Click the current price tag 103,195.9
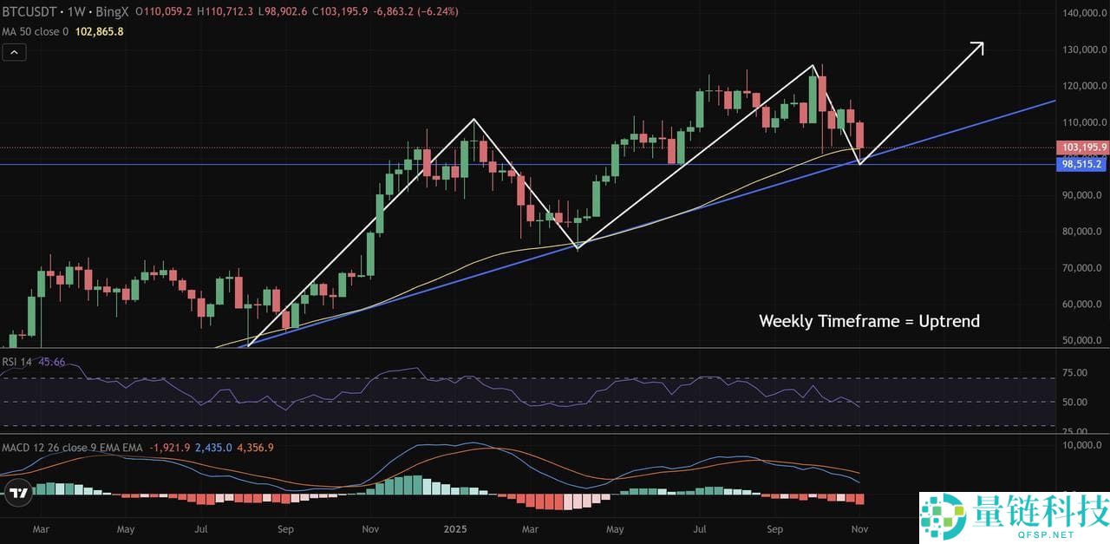coord(1084,148)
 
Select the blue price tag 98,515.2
coord(1084,164)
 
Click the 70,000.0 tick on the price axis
coord(1084,268)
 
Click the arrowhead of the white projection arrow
coord(980,44)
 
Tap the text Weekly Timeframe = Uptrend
coord(869,321)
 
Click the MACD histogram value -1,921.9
coord(169,448)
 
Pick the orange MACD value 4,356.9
coord(255,448)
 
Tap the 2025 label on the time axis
coord(455,528)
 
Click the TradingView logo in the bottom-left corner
coord(17,494)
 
